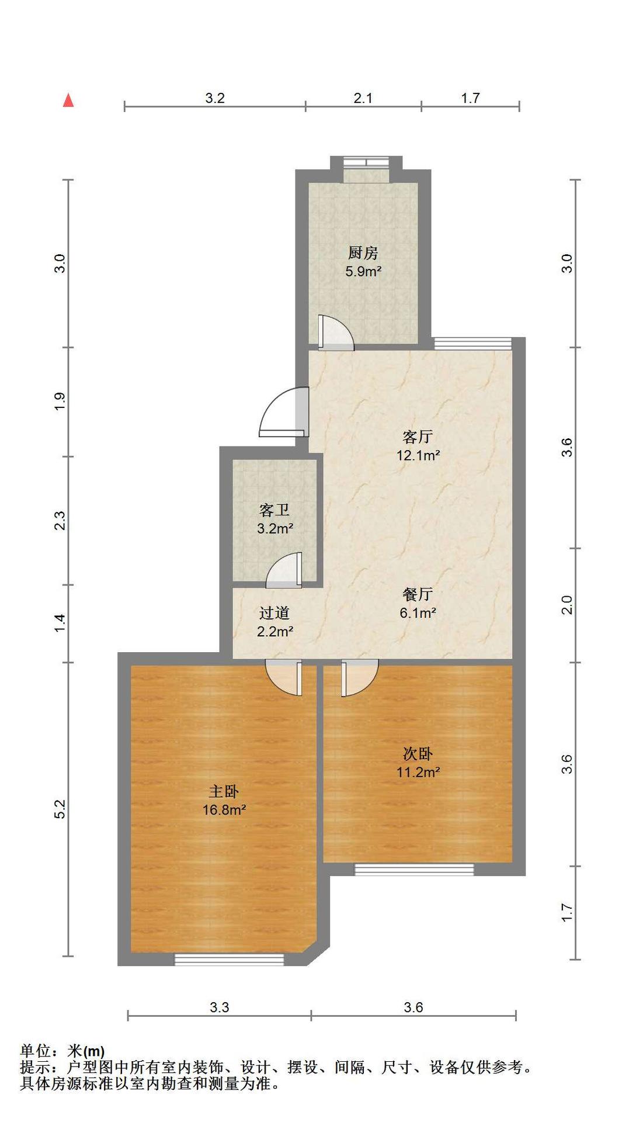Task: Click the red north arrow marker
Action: coord(68,100)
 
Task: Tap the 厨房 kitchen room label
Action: coord(363,253)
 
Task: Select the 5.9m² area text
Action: coord(363,271)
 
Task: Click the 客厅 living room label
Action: coord(418,437)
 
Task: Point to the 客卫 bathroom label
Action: coord(274,510)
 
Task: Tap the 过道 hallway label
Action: coord(274,613)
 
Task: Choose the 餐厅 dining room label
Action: coord(418,594)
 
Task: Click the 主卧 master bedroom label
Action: coord(224,791)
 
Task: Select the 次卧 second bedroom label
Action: coord(418,753)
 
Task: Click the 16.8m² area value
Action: coord(224,810)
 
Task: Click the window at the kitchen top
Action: coord(366,162)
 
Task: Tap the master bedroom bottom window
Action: coord(230,959)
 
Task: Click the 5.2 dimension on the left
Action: coord(60,809)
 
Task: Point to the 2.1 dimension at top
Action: coord(363,98)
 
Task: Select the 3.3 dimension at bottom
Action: coord(220,1007)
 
